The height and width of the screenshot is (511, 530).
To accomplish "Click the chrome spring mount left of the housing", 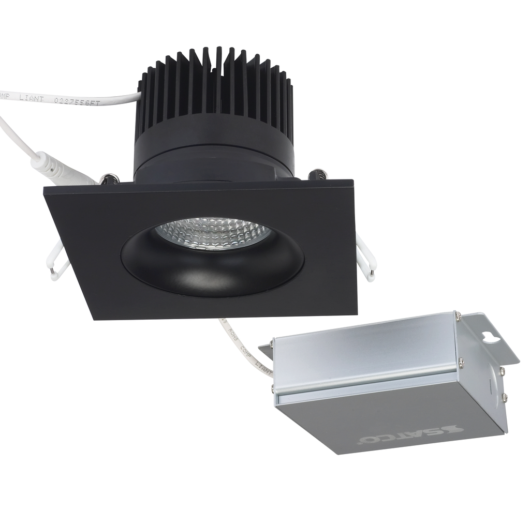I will tap(109, 179).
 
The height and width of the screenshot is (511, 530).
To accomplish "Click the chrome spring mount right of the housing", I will tap(317, 175).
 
